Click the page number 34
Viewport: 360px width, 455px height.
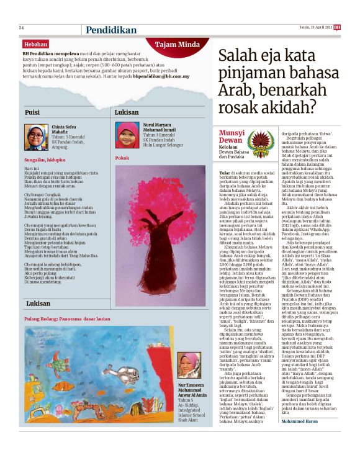click(21, 27)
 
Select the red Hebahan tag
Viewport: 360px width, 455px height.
click(35, 44)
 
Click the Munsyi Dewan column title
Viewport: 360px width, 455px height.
click(232, 137)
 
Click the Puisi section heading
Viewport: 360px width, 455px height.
click(32, 112)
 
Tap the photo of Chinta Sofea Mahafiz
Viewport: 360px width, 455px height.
click(36, 137)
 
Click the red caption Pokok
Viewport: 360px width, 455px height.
click(122, 158)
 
